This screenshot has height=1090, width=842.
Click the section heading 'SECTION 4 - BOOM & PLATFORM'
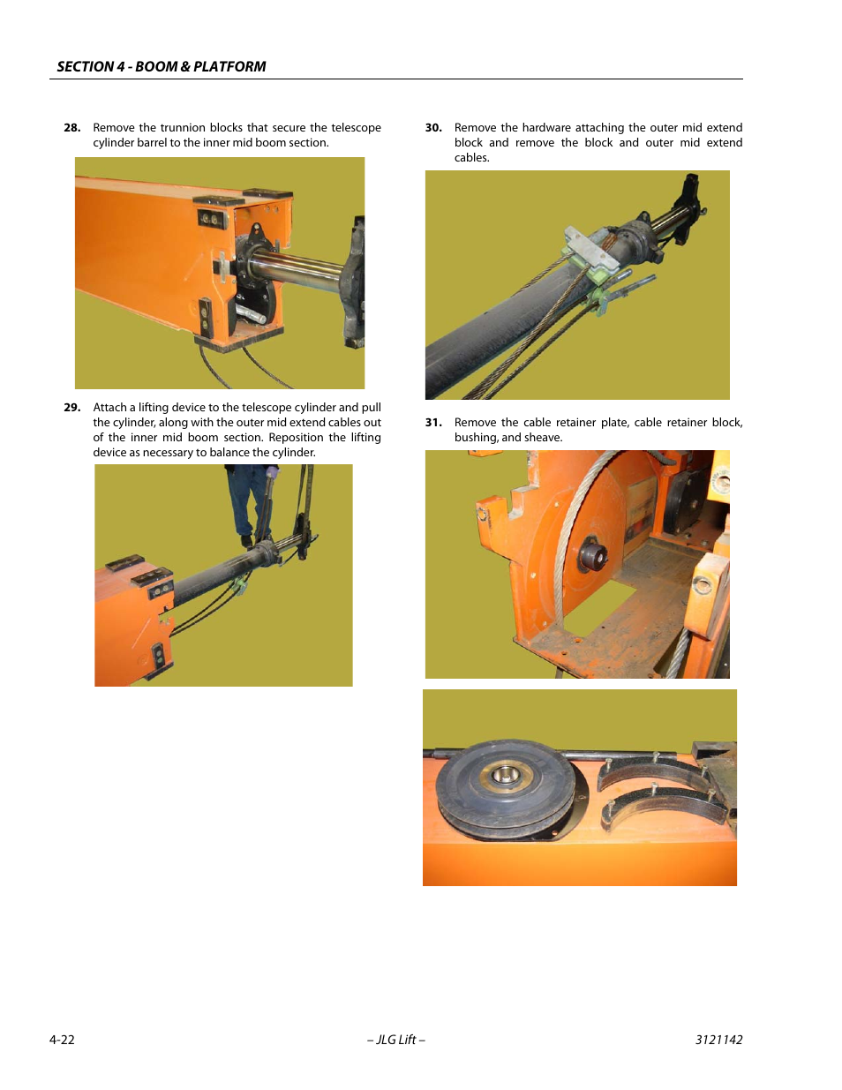(161, 66)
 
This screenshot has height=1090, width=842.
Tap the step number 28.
(71, 128)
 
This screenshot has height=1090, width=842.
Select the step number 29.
(71, 408)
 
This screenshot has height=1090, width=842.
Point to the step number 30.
(433, 128)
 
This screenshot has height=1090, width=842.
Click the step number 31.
(433, 423)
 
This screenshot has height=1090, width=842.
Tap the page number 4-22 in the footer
(62, 1040)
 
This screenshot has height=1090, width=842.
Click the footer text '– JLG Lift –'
(396, 1040)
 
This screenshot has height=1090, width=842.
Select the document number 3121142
(718, 1040)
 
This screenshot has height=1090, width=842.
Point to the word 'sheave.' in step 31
(544, 438)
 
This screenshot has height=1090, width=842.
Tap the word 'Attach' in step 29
(109, 408)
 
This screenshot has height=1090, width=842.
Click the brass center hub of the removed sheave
(505, 776)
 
